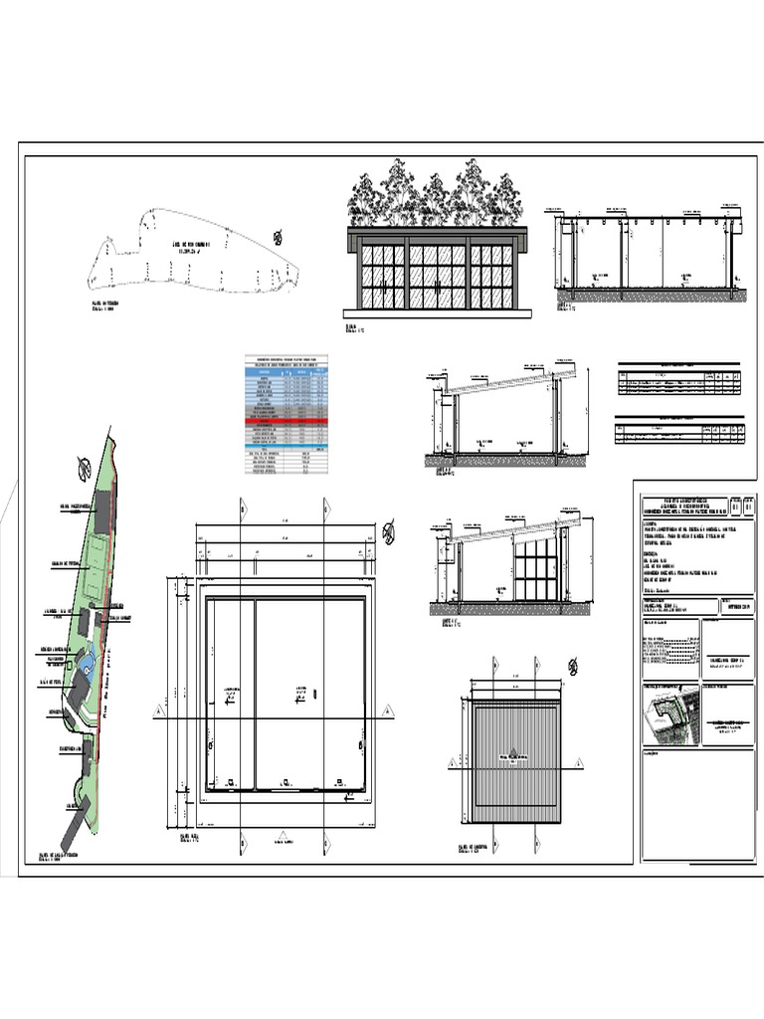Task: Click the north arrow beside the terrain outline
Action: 278,237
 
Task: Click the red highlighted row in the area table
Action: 286,422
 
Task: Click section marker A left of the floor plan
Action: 158,712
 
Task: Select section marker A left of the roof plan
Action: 453,763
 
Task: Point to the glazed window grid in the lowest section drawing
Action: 537,569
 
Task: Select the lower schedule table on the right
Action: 679,429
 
